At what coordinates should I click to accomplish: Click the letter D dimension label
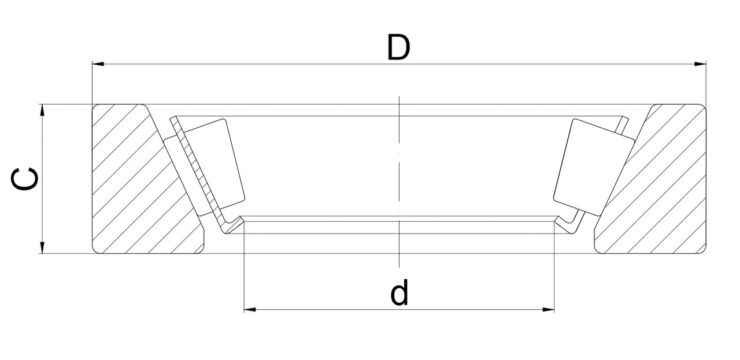pyautogui.click(x=398, y=48)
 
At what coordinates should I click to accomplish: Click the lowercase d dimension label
pyautogui.click(x=399, y=293)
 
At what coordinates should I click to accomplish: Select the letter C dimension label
pyautogui.click(x=26, y=179)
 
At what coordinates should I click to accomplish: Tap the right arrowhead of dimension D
pyautogui.click(x=700, y=64)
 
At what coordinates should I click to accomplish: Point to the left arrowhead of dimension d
pyautogui.click(x=250, y=310)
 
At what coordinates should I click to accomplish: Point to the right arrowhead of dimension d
pyautogui.click(x=549, y=310)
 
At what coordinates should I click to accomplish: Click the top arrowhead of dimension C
pyautogui.click(x=42, y=110)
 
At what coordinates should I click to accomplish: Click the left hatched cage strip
pyautogui.click(x=194, y=168)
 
